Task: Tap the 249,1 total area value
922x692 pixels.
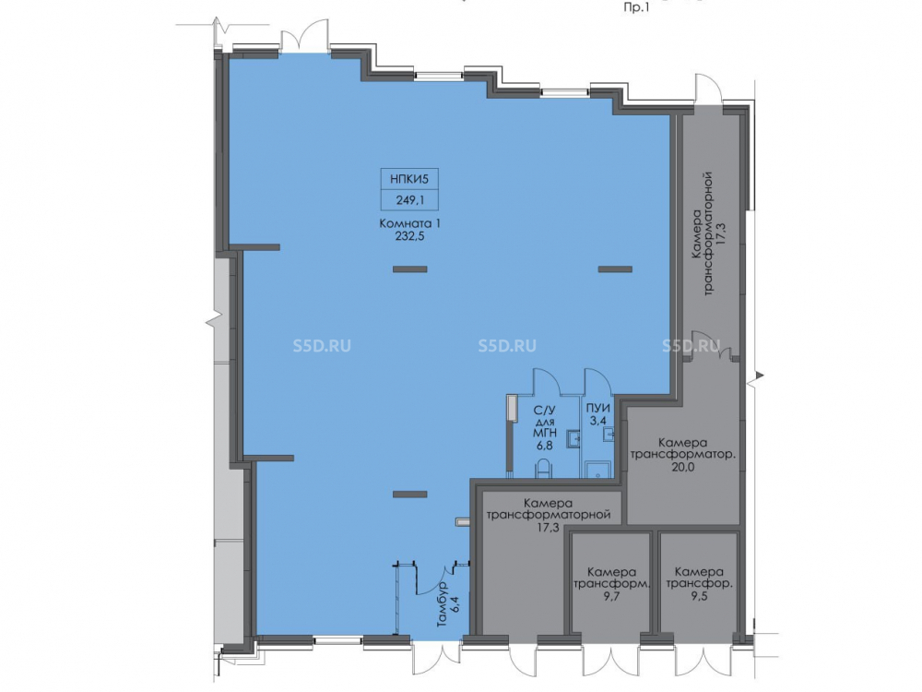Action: (410, 200)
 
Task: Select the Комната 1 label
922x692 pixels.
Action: (410, 223)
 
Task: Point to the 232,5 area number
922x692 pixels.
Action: (410, 236)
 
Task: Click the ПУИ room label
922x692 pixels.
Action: (597, 409)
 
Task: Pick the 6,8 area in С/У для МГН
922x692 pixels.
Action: (545, 446)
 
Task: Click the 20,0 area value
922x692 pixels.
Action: (682, 467)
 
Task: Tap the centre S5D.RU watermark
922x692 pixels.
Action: (507, 345)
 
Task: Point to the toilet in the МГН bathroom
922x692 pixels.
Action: (545, 469)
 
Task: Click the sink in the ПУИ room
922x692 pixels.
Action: (609, 435)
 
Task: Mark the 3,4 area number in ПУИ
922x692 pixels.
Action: (597, 421)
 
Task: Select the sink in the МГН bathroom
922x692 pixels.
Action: (573, 438)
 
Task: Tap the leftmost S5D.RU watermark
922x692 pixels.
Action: (322, 345)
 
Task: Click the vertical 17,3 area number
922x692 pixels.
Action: (723, 233)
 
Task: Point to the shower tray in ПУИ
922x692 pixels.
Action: (598, 469)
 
